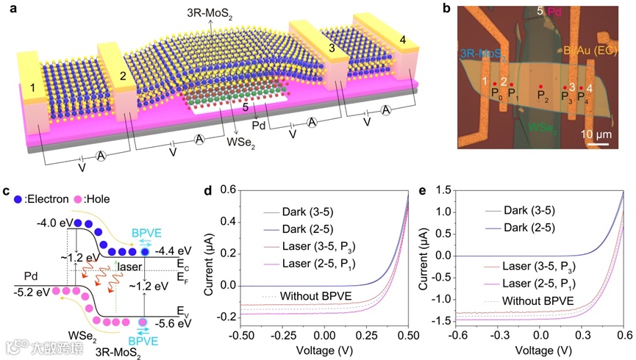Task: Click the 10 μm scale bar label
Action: tap(599, 134)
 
